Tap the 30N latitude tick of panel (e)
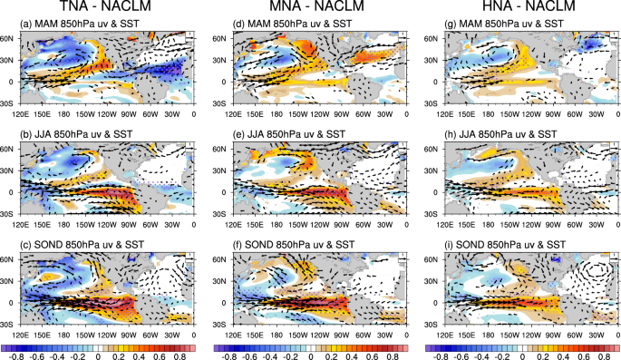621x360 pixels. [x=220, y=170]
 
